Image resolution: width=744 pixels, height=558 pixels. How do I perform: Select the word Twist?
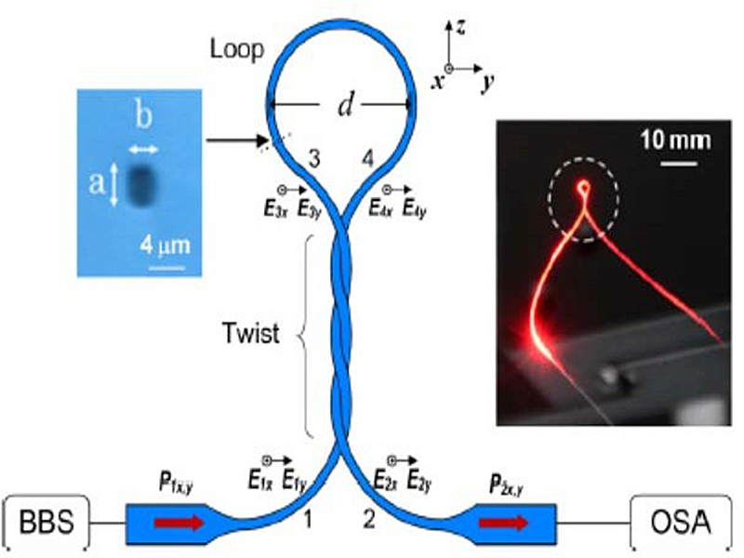click(x=251, y=334)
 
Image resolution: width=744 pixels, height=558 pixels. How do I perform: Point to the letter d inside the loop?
click(x=344, y=107)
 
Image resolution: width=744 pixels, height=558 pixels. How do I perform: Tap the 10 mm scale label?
click(x=676, y=140)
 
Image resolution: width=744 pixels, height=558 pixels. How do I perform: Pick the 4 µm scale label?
click(x=166, y=246)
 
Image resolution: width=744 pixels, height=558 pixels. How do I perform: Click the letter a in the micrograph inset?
click(x=96, y=184)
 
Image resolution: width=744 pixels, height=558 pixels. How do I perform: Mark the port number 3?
click(x=314, y=159)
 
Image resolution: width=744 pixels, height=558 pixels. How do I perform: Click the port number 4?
click(x=368, y=159)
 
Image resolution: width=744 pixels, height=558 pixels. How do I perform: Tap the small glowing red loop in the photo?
click(x=583, y=189)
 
